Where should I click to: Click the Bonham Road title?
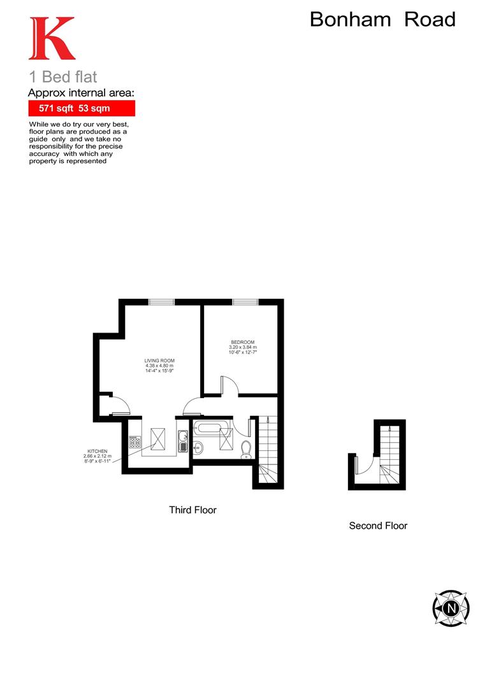[x=382, y=20]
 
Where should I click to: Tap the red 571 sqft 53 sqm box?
[x=82, y=108]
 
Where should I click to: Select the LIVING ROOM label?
[x=159, y=365]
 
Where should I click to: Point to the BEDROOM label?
[x=242, y=347]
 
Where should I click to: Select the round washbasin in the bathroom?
[x=197, y=447]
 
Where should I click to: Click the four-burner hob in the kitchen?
[x=134, y=441]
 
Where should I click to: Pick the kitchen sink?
[x=182, y=439]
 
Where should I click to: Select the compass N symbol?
[x=451, y=608]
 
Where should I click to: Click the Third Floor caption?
[x=193, y=510]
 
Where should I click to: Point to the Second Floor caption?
[x=378, y=526]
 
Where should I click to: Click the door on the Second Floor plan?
[x=363, y=462]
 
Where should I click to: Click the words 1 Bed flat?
[x=63, y=77]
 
